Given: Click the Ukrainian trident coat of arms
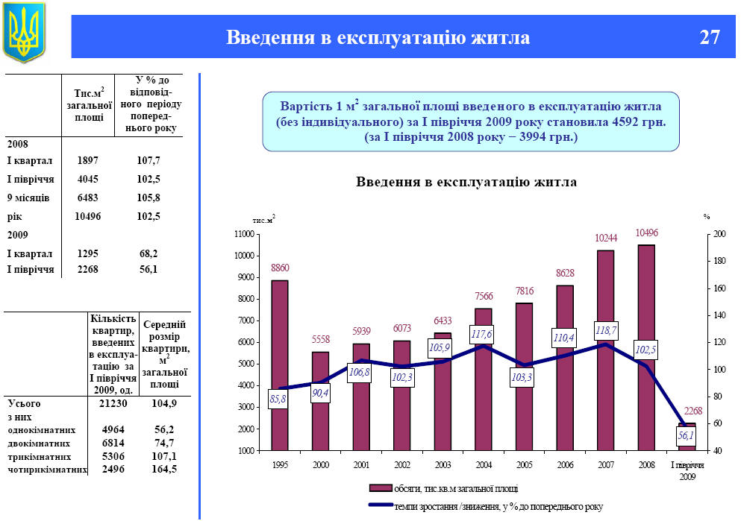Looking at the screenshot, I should point(24,32).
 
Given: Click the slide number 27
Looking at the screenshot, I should point(710,37).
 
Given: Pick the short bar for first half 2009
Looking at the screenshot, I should point(687,446).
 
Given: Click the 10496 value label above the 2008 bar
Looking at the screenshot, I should point(646,233).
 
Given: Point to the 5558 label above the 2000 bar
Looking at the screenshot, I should point(320,340).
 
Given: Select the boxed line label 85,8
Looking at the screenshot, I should point(279,400).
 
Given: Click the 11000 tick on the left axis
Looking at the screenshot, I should point(243,234).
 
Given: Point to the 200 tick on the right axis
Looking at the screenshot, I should point(719,234).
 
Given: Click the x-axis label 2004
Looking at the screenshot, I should point(483,464).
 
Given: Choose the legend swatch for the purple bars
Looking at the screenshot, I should point(380,488).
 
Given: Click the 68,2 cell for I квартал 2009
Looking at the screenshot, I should point(148,253).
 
